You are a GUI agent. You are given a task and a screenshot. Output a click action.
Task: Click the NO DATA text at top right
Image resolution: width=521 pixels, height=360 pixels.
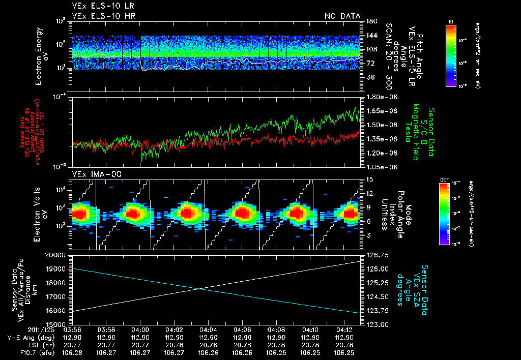click(x=342, y=16)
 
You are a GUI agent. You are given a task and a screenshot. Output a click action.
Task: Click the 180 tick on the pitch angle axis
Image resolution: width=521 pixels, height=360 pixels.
click(x=370, y=21)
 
